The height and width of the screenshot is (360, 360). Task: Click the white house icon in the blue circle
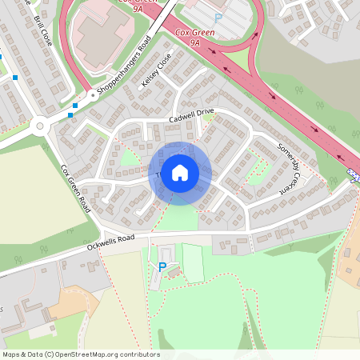(x=180, y=173)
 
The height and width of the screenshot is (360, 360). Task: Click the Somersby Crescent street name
(x=292, y=169)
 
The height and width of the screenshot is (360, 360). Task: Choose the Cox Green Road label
(x=77, y=188)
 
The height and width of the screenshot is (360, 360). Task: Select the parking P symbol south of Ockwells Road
(x=162, y=266)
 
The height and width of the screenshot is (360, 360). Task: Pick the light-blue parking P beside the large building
(x=218, y=18)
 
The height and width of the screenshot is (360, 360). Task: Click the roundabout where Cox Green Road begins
(x=40, y=124)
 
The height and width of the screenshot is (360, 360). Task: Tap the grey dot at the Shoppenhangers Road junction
(x=92, y=94)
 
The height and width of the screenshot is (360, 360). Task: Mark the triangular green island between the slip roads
(x=239, y=58)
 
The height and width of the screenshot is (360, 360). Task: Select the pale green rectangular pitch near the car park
(x=194, y=262)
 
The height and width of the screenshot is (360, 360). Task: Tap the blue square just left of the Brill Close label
(x=15, y=78)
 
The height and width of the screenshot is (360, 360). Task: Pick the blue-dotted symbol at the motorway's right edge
(x=354, y=173)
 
